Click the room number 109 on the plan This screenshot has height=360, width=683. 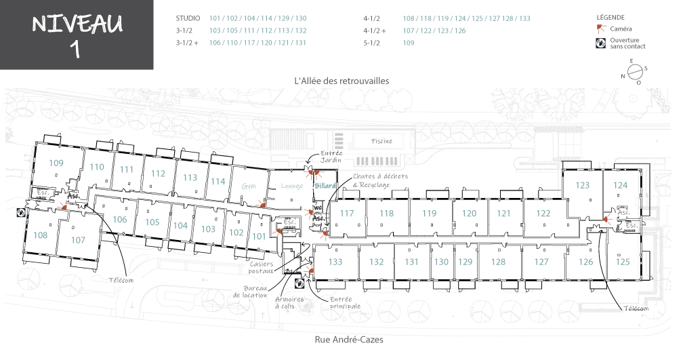pos(56,163)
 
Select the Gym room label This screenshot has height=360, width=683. pos(249,186)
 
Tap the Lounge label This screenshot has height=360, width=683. pos(292,186)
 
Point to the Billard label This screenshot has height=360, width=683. pos(325,186)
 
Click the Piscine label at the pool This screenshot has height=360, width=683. pos(381,141)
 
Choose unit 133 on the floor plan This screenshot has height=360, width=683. pos(335,262)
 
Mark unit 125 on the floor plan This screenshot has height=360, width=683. pos(623,262)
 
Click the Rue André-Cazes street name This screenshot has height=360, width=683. pos(349,340)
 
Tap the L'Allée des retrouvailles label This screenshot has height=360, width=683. pos(342,81)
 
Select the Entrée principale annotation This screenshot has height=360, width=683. pos(345,302)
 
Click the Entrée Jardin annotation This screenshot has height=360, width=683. pos(331,157)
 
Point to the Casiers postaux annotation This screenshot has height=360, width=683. pos(262,267)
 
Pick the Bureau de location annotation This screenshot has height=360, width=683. pos(250,292)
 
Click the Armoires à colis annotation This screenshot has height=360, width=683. pos(290,302)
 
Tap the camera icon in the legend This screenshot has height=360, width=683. pos(601,29)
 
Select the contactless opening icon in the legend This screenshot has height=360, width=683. pos(600,43)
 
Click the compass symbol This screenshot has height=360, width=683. pos(635,71)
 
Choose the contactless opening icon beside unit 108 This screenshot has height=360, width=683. pos(21,213)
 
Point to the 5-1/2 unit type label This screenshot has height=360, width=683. pos(371,43)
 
